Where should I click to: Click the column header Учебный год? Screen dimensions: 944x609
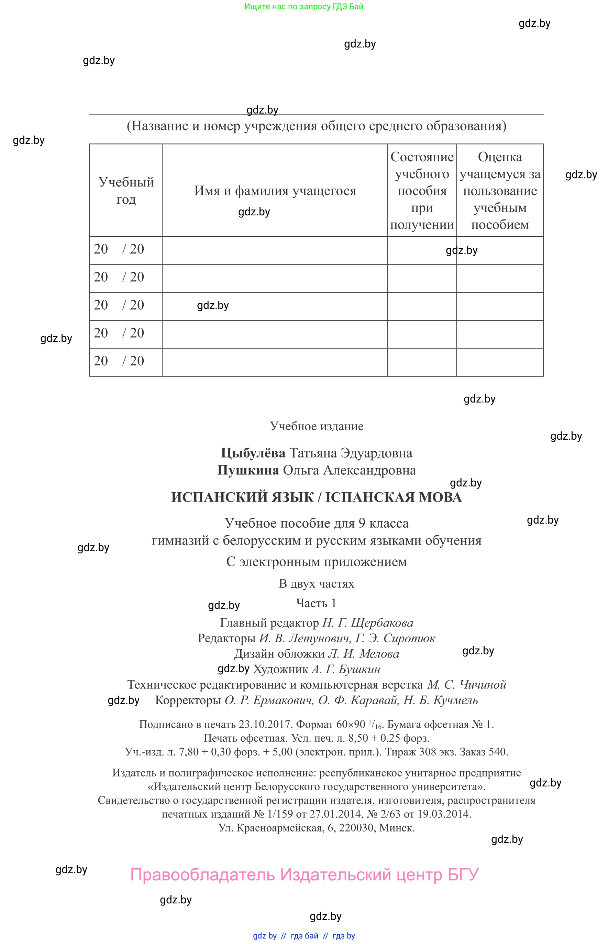click(126, 190)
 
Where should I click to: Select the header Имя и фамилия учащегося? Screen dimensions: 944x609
click(275, 191)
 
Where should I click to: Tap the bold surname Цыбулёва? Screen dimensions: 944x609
click(253, 453)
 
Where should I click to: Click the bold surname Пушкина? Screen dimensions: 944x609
click(248, 470)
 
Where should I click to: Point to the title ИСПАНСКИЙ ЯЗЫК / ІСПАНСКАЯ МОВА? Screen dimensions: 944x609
click(317, 497)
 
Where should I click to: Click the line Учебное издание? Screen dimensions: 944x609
click(317, 426)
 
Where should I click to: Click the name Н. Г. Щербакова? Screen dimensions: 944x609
click(368, 623)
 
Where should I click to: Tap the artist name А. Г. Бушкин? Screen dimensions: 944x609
click(346, 669)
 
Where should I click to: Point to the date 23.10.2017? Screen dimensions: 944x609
click(265, 724)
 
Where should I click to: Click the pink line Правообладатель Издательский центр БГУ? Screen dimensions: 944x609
click(304, 875)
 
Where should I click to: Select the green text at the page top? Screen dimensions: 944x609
click(304, 7)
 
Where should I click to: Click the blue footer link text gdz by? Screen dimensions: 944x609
click(265, 936)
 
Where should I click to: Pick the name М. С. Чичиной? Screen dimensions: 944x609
click(467, 685)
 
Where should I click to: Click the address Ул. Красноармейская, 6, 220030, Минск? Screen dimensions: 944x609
click(317, 828)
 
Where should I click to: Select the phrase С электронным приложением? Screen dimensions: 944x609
click(317, 562)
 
